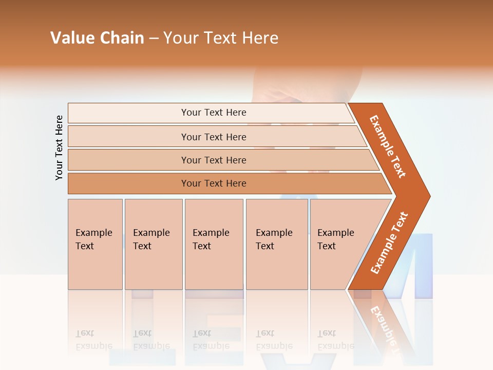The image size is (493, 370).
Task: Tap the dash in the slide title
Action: tap(154, 39)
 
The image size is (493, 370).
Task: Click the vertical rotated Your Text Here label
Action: tap(59, 147)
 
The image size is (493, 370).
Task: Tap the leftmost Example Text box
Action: tap(95, 244)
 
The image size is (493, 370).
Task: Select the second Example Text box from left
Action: tap(154, 244)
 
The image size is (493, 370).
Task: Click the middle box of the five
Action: tap(214, 244)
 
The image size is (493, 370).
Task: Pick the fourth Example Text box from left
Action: tap(277, 244)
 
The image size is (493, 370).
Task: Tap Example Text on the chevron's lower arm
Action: tap(389, 243)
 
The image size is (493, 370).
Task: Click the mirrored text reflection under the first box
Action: tap(94, 340)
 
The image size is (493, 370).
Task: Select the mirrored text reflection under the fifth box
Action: tap(336, 340)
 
